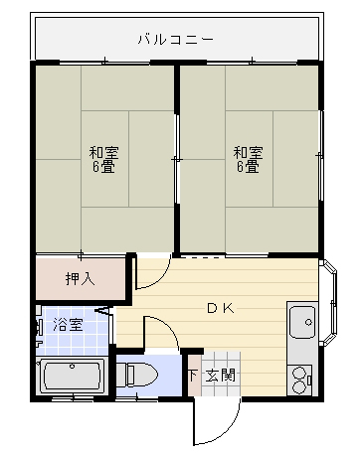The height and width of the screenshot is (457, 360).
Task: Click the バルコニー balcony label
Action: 176,40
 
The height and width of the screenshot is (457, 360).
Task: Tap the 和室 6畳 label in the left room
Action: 103,160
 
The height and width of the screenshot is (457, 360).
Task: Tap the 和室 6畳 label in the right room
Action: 249,160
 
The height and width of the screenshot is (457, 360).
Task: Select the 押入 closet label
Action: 81,278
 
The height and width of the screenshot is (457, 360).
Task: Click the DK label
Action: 221,308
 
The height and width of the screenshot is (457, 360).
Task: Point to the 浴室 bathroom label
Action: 68,325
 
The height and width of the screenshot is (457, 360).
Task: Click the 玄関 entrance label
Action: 221,376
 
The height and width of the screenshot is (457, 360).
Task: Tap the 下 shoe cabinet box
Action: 194,376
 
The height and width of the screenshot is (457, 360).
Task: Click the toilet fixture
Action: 137,376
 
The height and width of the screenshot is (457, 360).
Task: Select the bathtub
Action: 73,378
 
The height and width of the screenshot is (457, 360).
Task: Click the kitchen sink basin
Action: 302,322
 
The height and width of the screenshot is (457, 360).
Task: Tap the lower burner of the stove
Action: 299,386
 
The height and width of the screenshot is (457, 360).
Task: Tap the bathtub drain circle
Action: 72,367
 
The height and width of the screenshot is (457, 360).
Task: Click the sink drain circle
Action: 308,322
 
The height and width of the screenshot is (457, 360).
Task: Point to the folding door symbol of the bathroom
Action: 103,311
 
